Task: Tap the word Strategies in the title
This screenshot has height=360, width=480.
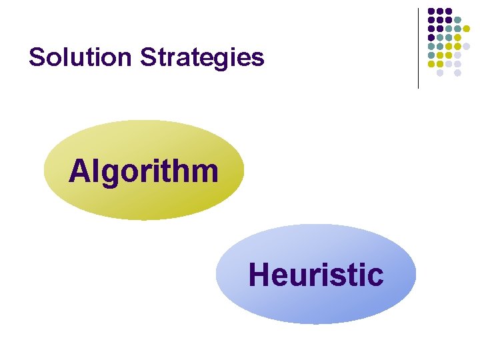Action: (202, 58)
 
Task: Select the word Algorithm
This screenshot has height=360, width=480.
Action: (143, 171)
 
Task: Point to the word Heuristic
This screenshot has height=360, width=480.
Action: (316, 275)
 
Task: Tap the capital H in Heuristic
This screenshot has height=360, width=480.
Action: (259, 275)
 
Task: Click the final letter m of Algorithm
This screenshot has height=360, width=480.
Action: (204, 171)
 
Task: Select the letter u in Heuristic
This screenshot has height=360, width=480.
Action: (294, 276)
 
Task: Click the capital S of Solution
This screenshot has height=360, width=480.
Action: (37, 58)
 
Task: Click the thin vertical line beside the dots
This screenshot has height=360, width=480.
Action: (419, 48)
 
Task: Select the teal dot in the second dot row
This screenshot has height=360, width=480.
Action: (457, 20)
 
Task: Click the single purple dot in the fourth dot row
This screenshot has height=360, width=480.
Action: (431, 37)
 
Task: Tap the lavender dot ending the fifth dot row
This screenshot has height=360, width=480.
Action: (466, 46)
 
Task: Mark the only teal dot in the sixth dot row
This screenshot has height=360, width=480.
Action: (431, 55)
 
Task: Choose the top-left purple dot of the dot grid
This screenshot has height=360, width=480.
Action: (431, 11)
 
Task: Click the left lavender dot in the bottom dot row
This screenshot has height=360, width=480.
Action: (440, 73)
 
